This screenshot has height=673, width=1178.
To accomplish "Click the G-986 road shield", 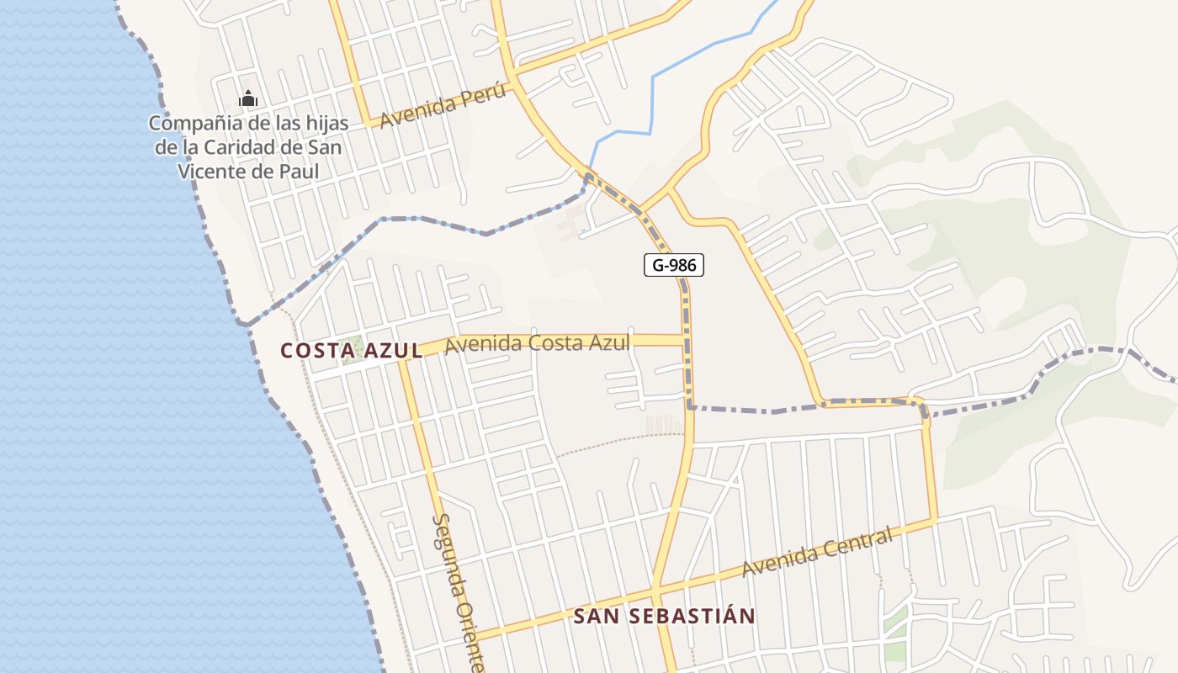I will coord(673,266).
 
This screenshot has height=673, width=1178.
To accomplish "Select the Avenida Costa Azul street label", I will coord(537,343).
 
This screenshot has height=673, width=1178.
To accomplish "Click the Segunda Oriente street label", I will coord(458,593).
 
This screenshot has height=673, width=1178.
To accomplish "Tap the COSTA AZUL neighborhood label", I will coord(352,350).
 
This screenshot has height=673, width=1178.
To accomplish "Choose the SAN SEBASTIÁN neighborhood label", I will coord(664,616).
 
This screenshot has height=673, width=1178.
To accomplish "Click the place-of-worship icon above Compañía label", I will coord(247,100).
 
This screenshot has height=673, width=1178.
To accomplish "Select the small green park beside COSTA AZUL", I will coord(355,347).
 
